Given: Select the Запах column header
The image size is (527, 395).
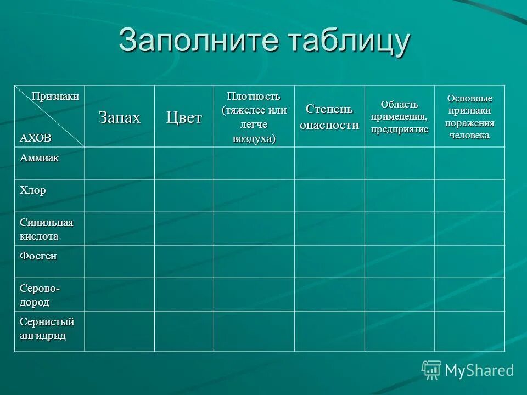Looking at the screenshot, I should [120, 117].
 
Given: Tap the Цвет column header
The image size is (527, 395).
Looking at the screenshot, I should [184, 117].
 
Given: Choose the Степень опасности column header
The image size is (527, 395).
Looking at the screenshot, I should [329, 117].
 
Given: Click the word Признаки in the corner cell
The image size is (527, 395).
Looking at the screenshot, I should [55, 97].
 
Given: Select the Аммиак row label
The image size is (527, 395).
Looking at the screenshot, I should [40, 158].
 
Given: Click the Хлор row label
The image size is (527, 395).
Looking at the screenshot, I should [33, 191].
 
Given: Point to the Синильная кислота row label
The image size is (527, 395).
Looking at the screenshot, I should [47, 229].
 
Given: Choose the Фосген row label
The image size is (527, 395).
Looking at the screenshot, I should [38, 256].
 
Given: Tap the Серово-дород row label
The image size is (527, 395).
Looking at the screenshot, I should [40, 295].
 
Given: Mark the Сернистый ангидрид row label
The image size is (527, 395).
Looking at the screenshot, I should [47, 329].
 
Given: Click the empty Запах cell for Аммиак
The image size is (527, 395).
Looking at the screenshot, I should [120, 163].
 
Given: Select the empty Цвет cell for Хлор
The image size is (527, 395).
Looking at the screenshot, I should [184, 196].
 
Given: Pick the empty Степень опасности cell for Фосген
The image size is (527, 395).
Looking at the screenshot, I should [329, 262].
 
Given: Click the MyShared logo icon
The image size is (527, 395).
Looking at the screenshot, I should [431, 370].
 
